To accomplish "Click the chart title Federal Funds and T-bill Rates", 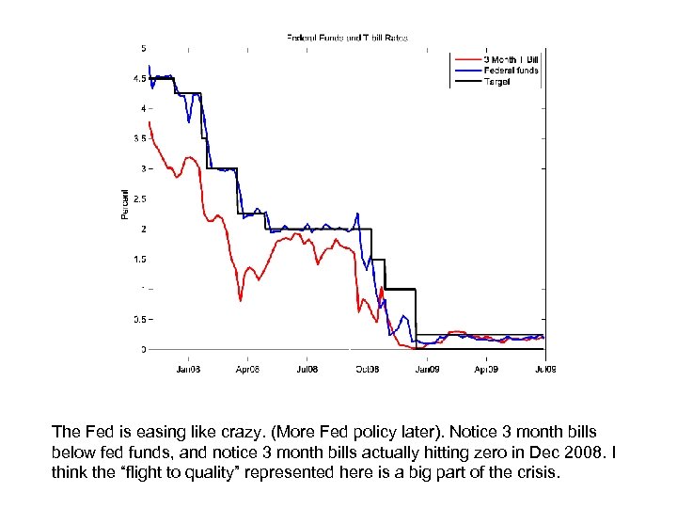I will click(347, 39).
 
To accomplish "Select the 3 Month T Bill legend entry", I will click(511, 59).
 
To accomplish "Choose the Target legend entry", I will click(497, 82).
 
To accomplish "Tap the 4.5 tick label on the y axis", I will click(140, 79).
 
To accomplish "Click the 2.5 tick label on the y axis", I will click(140, 198).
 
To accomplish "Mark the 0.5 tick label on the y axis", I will click(140, 319).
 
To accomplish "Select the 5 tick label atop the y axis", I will click(143, 48).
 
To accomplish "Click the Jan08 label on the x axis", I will click(188, 369).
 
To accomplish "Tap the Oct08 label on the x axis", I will click(367, 369).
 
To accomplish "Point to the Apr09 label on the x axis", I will click(485, 369).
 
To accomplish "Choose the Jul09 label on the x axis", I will click(544, 369).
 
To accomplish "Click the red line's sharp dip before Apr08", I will click(241, 300).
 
